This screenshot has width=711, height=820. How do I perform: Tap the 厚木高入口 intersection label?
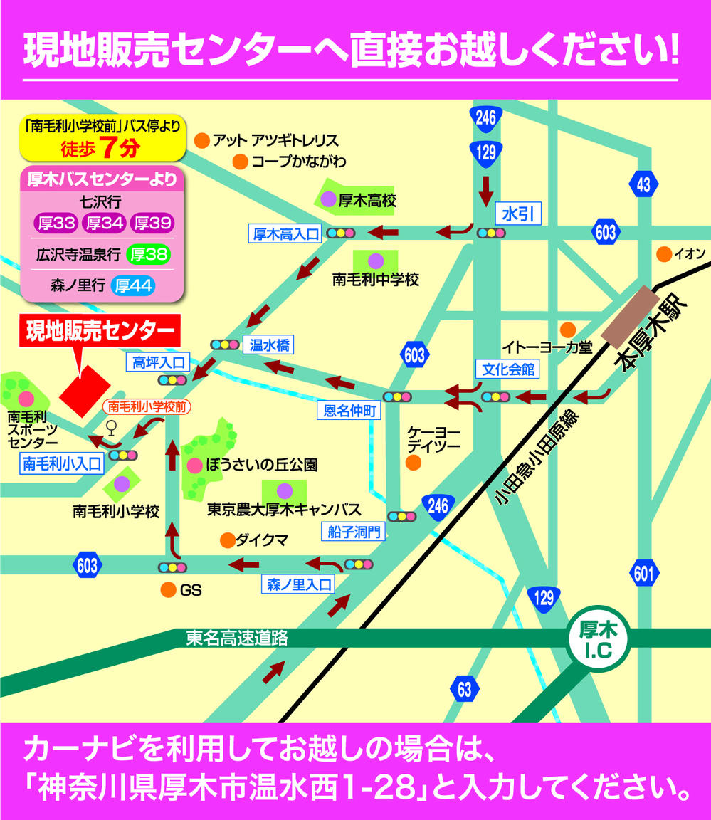coord(285,233)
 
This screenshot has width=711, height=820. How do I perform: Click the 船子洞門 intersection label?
coord(355,530)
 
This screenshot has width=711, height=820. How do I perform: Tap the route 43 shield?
coord(643,184)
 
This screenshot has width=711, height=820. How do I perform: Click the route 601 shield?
coord(643,573)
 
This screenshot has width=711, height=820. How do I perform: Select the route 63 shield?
coord(464,688)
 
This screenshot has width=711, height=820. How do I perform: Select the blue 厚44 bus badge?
coord(134,286)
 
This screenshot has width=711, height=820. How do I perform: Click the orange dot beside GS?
coord(168,589)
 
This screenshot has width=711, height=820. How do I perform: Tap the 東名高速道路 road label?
coord(237,638)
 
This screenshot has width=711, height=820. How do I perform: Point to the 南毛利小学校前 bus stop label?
coord(147,406)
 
